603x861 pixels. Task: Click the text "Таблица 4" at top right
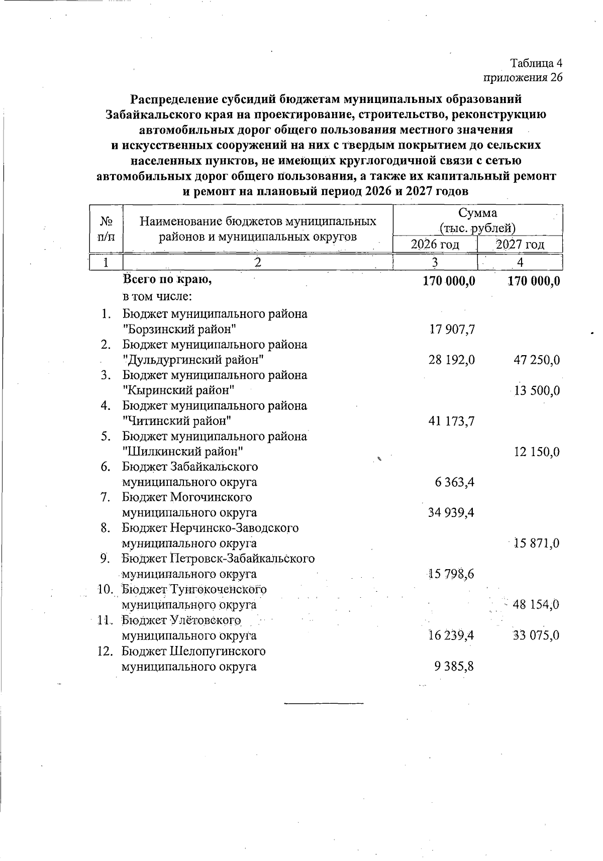pos(536,63)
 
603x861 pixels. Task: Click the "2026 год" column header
pos(435,245)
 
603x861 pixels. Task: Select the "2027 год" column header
pos(520,245)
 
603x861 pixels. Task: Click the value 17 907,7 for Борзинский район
pos(452,330)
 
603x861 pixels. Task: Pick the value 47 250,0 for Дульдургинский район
pos(536,360)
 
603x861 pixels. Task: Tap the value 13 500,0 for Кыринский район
pos(536,391)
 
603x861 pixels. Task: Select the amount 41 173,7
pos(452,421)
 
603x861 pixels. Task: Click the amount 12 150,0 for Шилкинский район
pos(536,452)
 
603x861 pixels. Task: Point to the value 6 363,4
pos(455,482)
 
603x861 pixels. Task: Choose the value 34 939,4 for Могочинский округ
pos(452,513)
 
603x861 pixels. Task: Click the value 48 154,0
pos(536,604)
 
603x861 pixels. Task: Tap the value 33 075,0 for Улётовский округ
pos(536,635)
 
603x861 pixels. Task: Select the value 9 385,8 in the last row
pos(455,667)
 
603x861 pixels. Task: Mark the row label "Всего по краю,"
pos(167,280)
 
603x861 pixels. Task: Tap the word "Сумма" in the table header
pos(477,213)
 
